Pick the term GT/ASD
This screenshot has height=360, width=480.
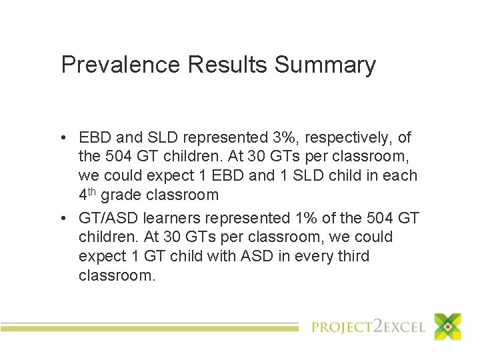tap(108, 218)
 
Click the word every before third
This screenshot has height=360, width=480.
tap(309, 257)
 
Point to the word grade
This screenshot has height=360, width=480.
tap(123, 195)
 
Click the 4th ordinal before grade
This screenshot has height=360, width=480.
tap(87, 195)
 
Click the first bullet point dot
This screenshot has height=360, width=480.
tap(61, 139)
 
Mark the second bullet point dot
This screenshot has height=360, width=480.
tap(61, 219)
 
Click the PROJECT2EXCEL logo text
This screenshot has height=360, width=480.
tap(369, 327)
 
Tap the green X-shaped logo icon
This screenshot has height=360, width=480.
tap(447, 327)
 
